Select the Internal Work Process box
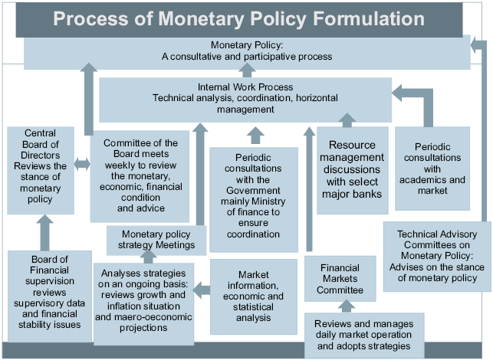245,99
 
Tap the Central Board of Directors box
41,170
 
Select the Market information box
253,296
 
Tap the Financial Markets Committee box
340,279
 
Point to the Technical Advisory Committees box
437,256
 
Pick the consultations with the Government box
253,198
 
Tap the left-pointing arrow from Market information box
201,290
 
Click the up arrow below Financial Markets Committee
346,306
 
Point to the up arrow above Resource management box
347,120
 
